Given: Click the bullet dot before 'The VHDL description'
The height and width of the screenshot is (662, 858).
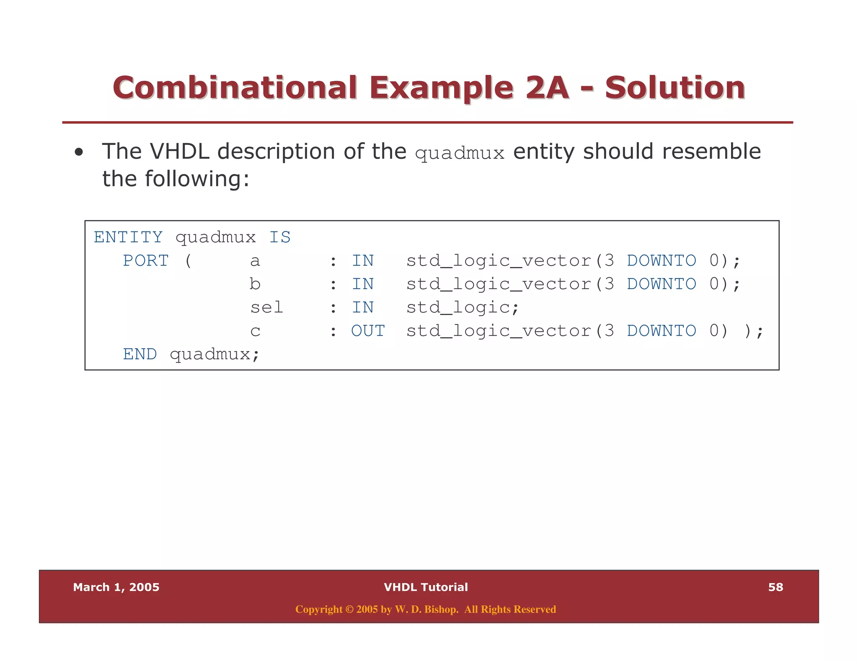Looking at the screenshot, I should tap(79, 152).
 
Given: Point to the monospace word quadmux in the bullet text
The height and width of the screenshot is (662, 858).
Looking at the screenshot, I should tap(460, 154).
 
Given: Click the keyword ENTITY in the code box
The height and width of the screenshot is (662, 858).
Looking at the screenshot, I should tap(128, 237).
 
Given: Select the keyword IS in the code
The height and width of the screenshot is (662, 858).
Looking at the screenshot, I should tap(280, 237).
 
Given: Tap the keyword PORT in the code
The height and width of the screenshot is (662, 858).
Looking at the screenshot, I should tap(146, 261).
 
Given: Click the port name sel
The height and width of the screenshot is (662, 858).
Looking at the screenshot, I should tap(266, 308).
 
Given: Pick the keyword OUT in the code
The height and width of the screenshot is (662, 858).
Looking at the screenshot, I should tap(368, 331).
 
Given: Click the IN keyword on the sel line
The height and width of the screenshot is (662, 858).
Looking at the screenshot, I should tap(362, 308).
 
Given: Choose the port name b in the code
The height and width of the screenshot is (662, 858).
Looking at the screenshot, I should tap(255, 284).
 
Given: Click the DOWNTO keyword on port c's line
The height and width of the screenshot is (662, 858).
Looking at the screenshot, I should tap(662, 331).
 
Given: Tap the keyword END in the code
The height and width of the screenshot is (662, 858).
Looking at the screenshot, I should tap(140, 354).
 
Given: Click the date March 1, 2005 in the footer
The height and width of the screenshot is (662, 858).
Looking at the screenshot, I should tap(116, 587).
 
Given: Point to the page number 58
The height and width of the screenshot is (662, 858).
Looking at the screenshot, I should tap(775, 587).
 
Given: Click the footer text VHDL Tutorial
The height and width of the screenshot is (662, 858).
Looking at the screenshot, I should tap(426, 587).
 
